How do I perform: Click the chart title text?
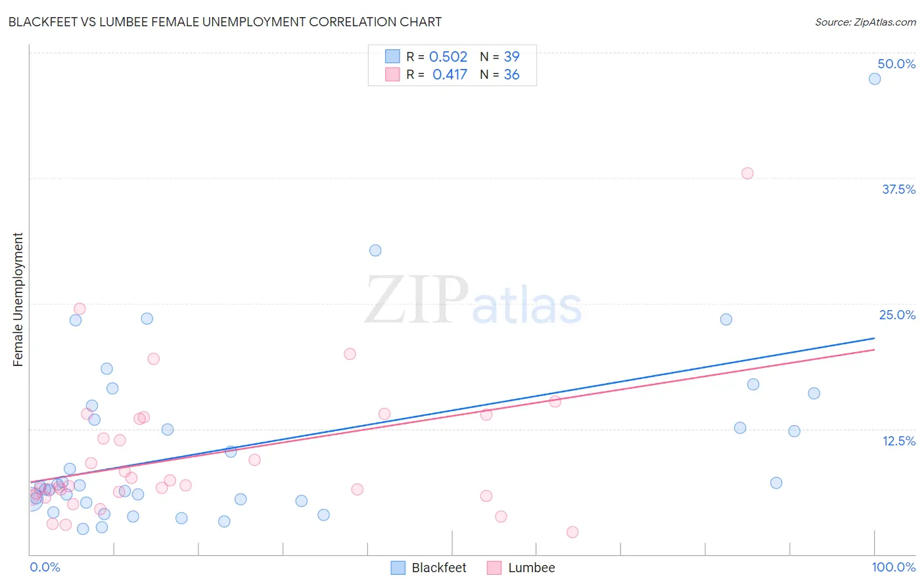pyautogui.click(x=225, y=22)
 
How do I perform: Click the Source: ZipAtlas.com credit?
pyautogui.click(x=865, y=22)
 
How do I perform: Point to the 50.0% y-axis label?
pyautogui.click(x=896, y=64)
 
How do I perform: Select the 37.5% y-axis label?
pyautogui.click(x=898, y=189)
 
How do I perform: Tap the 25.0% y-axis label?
pyautogui.click(x=897, y=315)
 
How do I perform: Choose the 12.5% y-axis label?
pyautogui.click(x=898, y=441)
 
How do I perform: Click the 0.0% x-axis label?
pyautogui.click(x=45, y=567)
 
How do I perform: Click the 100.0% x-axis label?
pyautogui.click(x=894, y=567)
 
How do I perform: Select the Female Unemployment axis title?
pyautogui.click(x=18, y=299)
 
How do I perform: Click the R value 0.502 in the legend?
pyautogui.click(x=448, y=57)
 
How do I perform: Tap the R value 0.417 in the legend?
pyautogui.click(x=450, y=75)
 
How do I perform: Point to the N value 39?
pyautogui.click(x=511, y=57)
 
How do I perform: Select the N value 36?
pyautogui.click(x=511, y=75)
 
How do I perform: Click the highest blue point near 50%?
pyautogui.click(x=875, y=79)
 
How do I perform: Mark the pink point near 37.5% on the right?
pyautogui.click(x=747, y=173)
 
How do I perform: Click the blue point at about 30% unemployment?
pyautogui.click(x=375, y=250)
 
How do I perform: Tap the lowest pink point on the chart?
pyautogui.click(x=572, y=532)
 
